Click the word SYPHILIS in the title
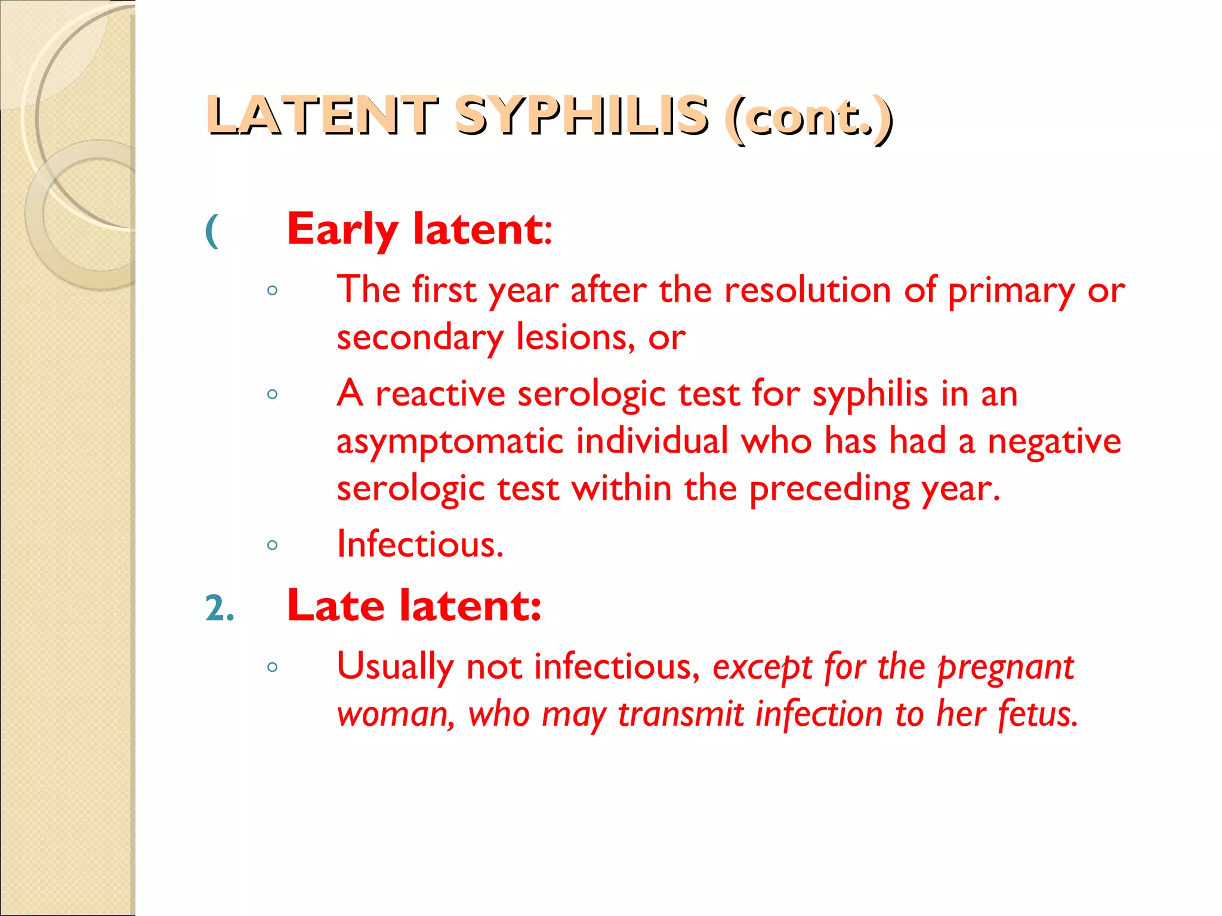tap(581, 116)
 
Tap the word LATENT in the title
tap(323, 116)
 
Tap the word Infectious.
tap(420, 544)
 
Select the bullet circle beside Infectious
tap(273, 544)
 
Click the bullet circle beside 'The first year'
tap(273, 290)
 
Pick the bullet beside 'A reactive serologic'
tap(273, 394)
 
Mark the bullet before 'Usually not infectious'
tap(273, 667)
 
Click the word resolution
tap(807, 290)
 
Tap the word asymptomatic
tap(450, 442)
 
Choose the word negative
tap(1054, 442)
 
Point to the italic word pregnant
tap(1005, 667)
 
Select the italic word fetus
tap(1038, 714)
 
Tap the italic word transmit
tap(680, 714)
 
